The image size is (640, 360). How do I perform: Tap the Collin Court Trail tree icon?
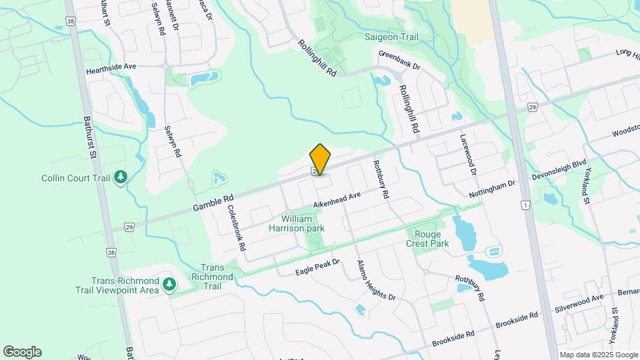click(x=121, y=177)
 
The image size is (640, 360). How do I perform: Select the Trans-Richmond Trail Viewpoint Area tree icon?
click(x=169, y=285)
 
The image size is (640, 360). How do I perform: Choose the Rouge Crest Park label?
click(x=427, y=238)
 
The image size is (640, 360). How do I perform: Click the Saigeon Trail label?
click(x=391, y=37)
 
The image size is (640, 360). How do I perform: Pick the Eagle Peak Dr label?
click(x=317, y=268)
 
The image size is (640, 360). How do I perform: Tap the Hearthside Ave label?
click(x=111, y=67)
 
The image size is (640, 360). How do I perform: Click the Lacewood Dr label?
click(x=469, y=154)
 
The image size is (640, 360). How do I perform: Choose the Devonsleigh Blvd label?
click(x=558, y=169)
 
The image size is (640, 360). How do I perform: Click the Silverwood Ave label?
click(x=579, y=303)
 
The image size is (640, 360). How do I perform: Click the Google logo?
click(x=22, y=352)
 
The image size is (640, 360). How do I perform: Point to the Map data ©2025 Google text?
click(x=598, y=355)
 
